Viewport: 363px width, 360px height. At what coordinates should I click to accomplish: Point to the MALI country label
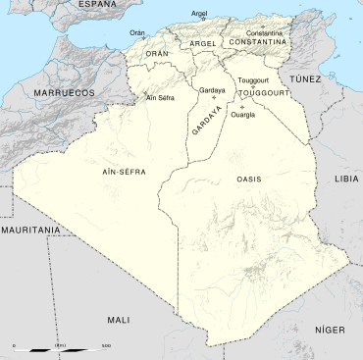118,320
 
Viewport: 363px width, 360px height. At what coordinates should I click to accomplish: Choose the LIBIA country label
346,180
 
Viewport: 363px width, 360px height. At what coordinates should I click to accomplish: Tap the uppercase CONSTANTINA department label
256,43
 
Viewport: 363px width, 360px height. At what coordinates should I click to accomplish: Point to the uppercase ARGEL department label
203,44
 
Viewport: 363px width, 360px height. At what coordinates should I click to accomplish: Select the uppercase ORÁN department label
157,54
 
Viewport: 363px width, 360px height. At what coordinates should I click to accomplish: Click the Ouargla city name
242,115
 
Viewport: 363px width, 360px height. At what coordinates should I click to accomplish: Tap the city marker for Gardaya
213,97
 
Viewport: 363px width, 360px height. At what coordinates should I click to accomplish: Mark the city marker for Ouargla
241,106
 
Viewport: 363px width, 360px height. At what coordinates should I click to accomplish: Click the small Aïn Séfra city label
159,98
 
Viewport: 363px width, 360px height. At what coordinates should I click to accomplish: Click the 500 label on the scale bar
104,345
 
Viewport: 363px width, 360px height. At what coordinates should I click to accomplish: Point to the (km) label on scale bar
60,345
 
